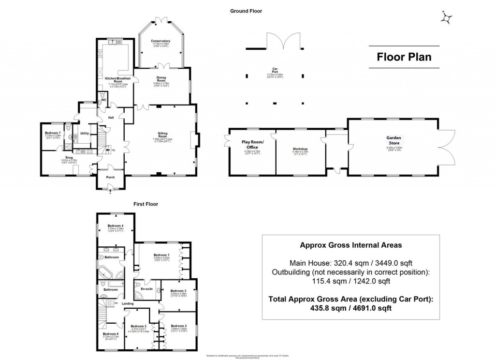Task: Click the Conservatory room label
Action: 160,41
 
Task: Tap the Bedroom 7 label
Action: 53,133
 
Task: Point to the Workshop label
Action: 300,149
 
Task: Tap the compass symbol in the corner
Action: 448,18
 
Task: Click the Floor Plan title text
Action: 404,57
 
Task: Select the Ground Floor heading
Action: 246,11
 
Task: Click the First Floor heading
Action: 146,205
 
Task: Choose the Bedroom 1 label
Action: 161,255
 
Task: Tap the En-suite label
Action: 146,289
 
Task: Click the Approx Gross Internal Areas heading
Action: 350,245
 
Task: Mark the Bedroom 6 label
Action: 110,334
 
